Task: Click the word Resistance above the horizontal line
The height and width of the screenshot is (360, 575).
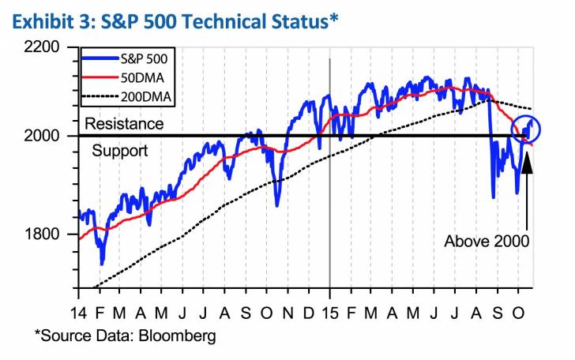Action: click(x=124, y=124)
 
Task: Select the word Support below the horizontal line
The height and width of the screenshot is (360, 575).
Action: click(x=119, y=150)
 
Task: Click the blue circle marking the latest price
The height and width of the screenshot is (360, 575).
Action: click(x=526, y=128)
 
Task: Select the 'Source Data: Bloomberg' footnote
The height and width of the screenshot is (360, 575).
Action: click(x=125, y=335)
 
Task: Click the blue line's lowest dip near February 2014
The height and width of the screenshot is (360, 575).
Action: click(x=101, y=264)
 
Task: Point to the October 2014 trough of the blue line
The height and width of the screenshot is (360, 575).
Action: click(x=276, y=205)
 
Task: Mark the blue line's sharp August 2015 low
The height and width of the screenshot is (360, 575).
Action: click(x=493, y=197)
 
